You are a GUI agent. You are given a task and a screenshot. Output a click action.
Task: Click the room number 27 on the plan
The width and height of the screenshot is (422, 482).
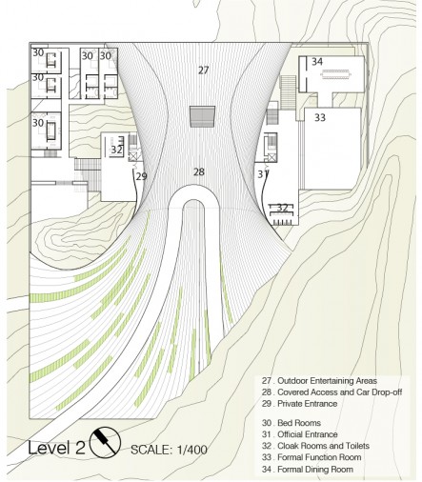(204, 70)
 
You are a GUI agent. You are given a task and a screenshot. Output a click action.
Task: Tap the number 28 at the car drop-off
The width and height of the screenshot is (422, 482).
(199, 172)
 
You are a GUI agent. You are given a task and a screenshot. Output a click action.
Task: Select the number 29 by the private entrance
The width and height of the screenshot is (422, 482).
(142, 176)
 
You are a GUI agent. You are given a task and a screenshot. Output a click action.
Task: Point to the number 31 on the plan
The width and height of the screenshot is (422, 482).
(262, 174)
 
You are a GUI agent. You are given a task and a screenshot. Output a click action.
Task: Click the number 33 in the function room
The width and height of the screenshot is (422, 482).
(320, 117)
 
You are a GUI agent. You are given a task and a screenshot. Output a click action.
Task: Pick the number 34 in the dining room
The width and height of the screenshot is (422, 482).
(317, 62)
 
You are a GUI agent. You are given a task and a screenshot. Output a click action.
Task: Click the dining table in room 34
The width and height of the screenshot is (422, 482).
(336, 75)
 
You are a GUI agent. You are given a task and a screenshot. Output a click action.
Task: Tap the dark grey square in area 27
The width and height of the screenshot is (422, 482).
(202, 116)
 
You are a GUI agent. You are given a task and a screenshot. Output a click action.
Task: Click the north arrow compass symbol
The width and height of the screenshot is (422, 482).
(105, 442)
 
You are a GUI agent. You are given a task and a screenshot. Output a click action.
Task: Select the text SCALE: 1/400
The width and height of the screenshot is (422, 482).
(170, 450)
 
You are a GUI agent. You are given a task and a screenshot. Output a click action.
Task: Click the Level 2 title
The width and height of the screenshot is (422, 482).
(56, 448)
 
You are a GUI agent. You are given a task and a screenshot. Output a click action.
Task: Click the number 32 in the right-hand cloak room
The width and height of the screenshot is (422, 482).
(282, 208)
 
